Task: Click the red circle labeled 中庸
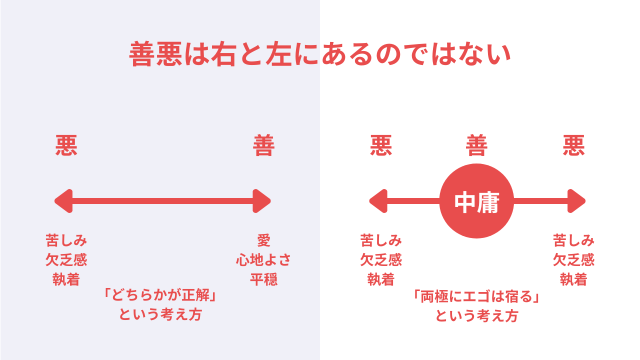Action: [476, 201]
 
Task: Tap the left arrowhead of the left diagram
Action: [64, 201]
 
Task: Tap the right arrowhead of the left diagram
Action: [261, 201]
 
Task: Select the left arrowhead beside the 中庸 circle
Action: [378, 201]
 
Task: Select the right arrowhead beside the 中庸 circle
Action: [576, 201]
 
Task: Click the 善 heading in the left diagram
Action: [263, 145]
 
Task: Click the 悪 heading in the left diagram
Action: [66, 145]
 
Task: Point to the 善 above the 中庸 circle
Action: [476, 145]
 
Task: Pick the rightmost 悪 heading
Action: [573, 145]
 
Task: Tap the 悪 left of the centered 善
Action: [381, 145]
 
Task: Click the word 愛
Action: [263, 240]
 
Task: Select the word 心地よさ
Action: [263, 259]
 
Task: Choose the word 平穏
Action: [263, 279]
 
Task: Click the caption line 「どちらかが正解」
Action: [160, 295]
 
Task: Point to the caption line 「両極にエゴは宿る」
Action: [476, 296]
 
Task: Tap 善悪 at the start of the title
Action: [155, 54]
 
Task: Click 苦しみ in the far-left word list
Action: [66, 240]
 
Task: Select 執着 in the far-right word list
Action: [573, 279]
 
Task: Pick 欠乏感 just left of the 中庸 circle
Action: [381, 259]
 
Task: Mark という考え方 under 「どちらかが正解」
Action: [160, 314]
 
